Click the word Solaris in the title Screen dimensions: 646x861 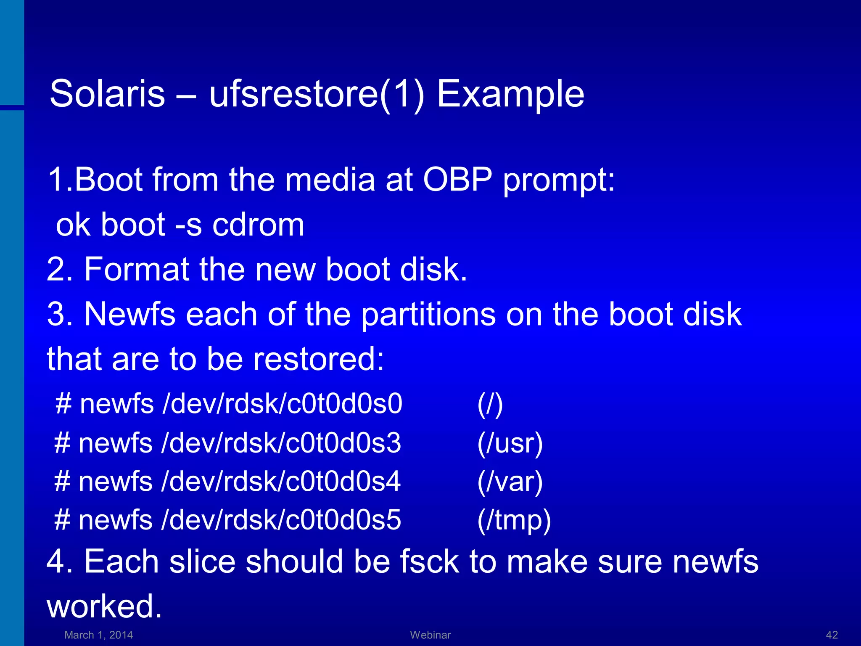[x=107, y=94]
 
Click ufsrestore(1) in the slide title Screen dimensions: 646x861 [x=316, y=95]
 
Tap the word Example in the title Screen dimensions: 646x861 [x=510, y=95]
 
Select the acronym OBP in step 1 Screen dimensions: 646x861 [x=457, y=180]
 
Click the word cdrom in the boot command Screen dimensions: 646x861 [x=258, y=225]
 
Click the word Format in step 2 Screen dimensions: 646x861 [x=137, y=269]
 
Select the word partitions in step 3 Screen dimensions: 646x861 [x=428, y=315]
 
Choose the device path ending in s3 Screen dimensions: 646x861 [x=281, y=443]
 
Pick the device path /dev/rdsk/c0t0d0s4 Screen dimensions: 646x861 [x=281, y=482]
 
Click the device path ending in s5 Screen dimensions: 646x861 [x=281, y=520]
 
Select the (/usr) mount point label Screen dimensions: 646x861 [x=510, y=444]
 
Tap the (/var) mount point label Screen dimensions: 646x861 [x=510, y=482]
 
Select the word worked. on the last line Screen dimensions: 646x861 [x=104, y=606]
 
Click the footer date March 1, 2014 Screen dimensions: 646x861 [x=98, y=635]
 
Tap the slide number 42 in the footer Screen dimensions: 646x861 [x=832, y=635]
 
